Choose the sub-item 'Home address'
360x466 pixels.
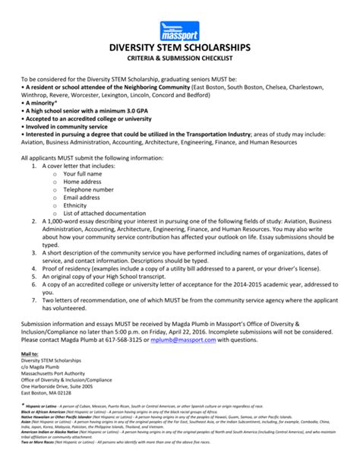pyautogui.click(x=84, y=182)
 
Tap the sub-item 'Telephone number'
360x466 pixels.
pyautogui.click(x=89, y=190)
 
